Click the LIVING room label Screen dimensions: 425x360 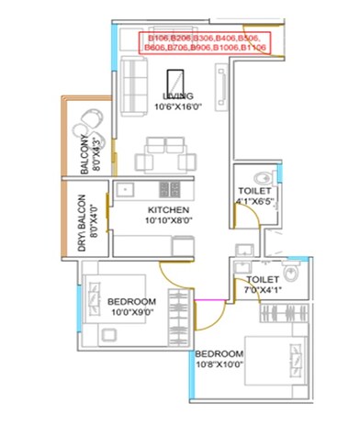[177, 96]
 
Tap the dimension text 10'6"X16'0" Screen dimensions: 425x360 [177, 106]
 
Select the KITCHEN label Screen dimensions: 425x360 [163, 210]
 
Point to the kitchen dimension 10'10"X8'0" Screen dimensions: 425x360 [163, 221]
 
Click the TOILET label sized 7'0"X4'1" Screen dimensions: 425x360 [263, 279]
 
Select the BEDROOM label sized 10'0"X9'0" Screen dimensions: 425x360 [131, 302]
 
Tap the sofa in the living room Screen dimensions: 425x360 [133, 74]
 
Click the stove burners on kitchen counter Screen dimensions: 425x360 [169, 190]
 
